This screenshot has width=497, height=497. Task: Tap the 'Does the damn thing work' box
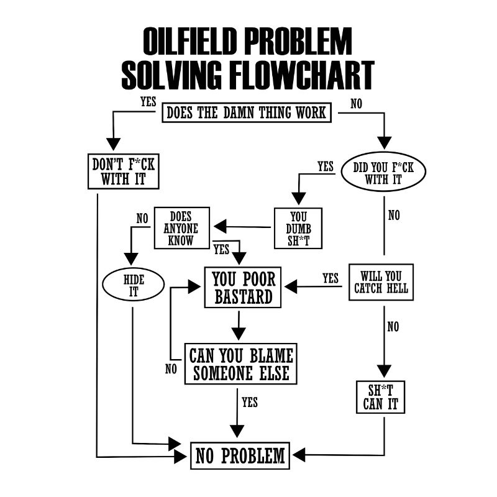tap(247, 113)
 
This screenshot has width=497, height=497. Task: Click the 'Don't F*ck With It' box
tap(123, 172)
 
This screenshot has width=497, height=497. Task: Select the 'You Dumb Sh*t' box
tap(298, 228)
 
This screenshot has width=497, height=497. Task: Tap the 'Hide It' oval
tap(134, 285)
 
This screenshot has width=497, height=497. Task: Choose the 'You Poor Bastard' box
tap(244, 287)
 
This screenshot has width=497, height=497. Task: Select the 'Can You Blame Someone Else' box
tap(240, 363)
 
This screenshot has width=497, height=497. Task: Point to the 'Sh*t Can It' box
tap(380, 397)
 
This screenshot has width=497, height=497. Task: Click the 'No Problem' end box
tap(240, 455)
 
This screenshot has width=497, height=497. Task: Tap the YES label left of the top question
tap(148, 102)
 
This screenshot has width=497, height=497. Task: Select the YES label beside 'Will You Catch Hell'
tap(331, 278)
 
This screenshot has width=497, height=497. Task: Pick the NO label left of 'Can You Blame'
tap(171, 369)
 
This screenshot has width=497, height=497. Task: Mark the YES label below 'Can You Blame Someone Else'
tap(249, 402)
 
